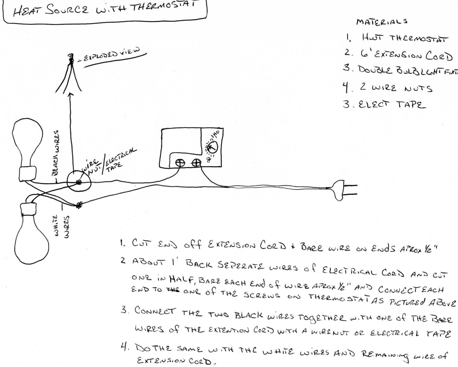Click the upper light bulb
27,143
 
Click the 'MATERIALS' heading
381,22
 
